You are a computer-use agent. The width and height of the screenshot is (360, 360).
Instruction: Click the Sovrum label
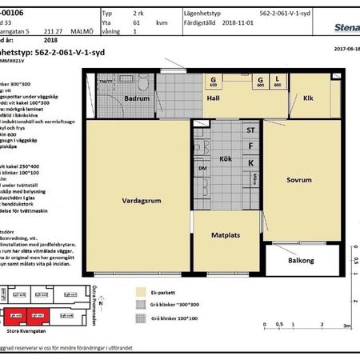point(298,180)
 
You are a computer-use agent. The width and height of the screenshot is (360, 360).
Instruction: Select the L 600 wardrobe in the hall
point(278,82)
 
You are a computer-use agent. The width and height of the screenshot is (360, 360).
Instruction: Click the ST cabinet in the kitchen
point(250,130)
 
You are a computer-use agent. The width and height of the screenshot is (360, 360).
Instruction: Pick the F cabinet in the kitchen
point(250,146)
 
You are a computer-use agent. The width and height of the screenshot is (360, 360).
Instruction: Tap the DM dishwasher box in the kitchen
point(202,170)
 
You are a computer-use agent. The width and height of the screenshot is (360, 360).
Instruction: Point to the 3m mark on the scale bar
point(346,326)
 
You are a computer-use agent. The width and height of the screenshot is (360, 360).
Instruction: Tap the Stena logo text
point(343,26)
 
